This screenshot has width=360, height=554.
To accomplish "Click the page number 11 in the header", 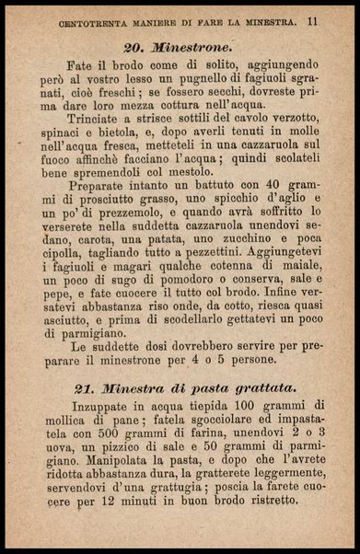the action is tap(314, 18).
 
